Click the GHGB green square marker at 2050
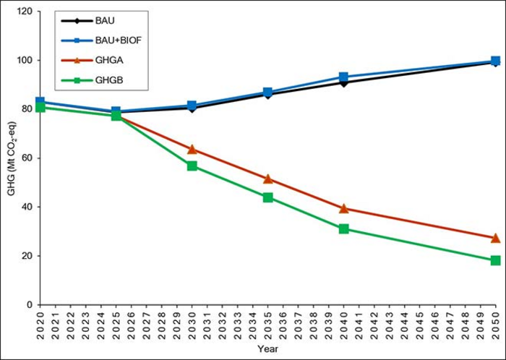coord(495,260)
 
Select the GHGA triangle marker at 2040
coord(343,208)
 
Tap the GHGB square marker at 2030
coord(192,166)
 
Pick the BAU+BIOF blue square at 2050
coord(495,61)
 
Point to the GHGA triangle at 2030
coord(192,149)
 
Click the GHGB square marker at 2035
coord(268,197)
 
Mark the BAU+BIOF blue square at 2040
coord(343,77)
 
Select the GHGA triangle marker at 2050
coord(495,238)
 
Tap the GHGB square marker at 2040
coord(343,228)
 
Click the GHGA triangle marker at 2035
coord(268,179)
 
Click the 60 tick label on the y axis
coord(26,158)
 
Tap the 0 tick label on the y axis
coord(29,304)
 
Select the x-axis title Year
coord(268,350)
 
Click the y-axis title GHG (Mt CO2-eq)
coord(11,158)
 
